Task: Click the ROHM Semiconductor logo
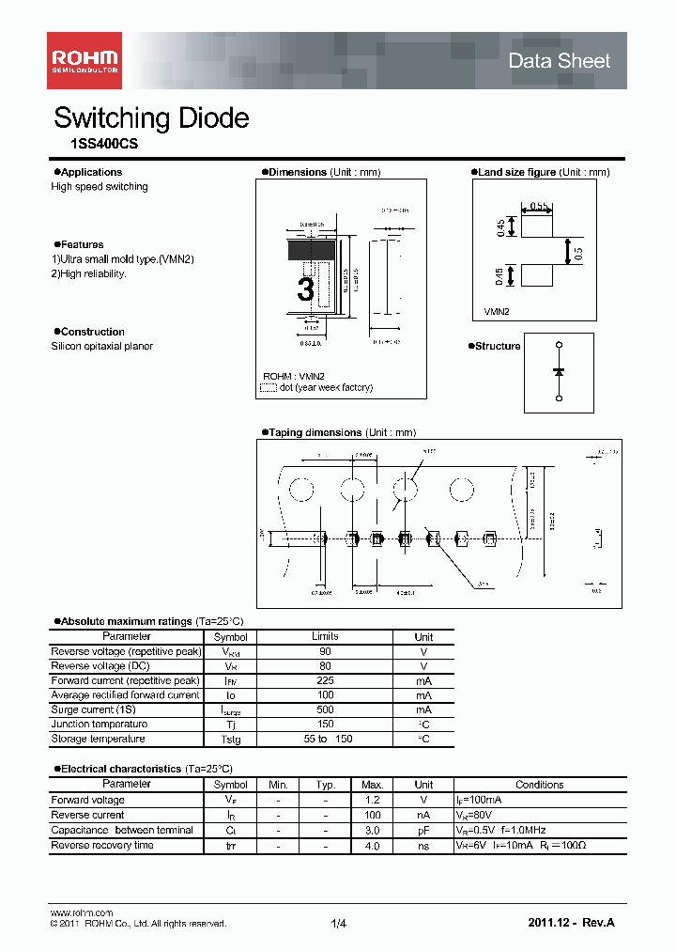pos(84,60)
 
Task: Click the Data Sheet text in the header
pos(559,61)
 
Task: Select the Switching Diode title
pos(151,118)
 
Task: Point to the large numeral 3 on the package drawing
pos(305,289)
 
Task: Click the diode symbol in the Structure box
pos(559,373)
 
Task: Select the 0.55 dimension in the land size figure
pos(539,205)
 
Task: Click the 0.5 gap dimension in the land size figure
pos(578,252)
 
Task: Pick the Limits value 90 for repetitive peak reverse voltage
pos(325,651)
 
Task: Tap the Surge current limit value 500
pos(325,710)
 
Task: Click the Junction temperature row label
pos(100,725)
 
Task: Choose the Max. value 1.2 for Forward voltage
pos(372,800)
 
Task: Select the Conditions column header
pos(539,785)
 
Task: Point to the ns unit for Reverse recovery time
pos(423,846)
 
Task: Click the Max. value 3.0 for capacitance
pos(372,831)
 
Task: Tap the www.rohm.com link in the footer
pos(81,912)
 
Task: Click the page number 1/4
pos(338,925)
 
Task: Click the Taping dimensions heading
pos(315,432)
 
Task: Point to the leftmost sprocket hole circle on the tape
pos(301,490)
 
